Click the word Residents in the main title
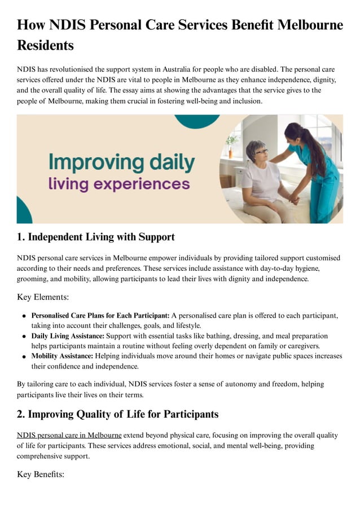coord(45,45)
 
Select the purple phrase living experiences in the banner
coord(118,184)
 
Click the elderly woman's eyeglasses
coord(260,151)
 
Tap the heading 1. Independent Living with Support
coord(95,237)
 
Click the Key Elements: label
coord(42,297)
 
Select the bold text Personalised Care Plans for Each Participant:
coord(100,315)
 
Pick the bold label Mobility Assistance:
coord(62,356)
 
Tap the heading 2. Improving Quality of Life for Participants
coord(117,414)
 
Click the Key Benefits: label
coord(41,475)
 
